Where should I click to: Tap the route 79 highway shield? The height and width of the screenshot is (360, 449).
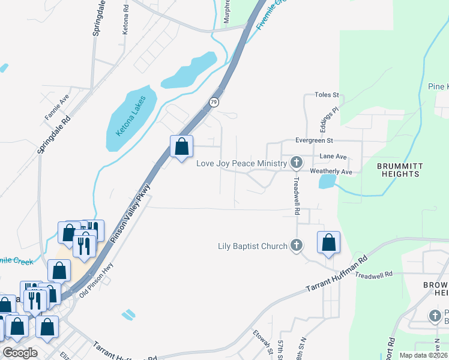pyautogui.click(x=214, y=103)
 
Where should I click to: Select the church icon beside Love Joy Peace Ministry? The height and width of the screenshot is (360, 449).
pyautogui.click(x=296, y=163)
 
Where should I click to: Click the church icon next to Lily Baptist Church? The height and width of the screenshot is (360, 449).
pyautogui.click(x=296, y=245)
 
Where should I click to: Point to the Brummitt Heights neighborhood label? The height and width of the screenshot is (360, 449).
pyautogui.click(x=400, y=170)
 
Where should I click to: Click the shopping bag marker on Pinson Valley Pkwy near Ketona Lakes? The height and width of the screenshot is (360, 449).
pyautogui.click(x=181, y=146)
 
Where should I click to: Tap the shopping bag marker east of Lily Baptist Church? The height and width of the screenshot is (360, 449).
pyautogui.click(x=328, y=242)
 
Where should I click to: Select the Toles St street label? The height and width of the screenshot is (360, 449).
pyautogui.click(x=328, y=95)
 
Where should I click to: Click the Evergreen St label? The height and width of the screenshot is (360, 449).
pyautogui.click(x=314, y=140)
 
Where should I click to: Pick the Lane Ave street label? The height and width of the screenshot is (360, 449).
pyautogui.click(x=333, y=156)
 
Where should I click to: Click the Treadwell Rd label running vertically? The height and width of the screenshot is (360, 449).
pyautogui.click(x=297, y=195)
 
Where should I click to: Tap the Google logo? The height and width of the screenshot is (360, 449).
pyautogui.click(x=20, y=352)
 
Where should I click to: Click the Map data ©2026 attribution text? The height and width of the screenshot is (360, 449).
pyautogui.click(x=424, y=355)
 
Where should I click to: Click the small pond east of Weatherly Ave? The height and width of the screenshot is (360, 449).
pyautogui.click(x=327, y=181)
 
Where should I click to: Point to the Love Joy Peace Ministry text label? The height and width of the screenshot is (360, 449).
pyautogui.click(x=243, y=163)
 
